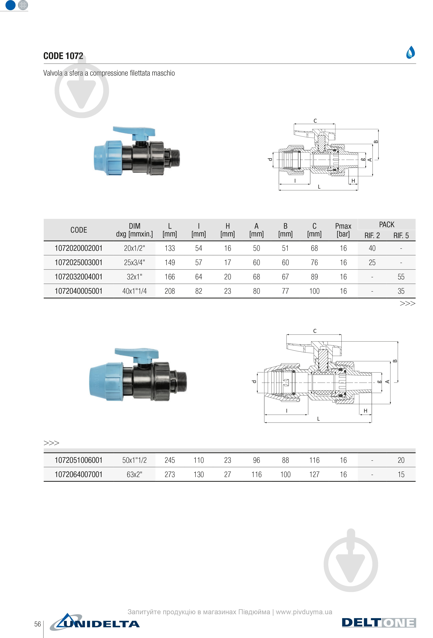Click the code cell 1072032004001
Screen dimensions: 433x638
(x=78, y=277)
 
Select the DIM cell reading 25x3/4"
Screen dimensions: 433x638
(x=134, y=262)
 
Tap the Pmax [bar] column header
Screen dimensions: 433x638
(x=343, y=230)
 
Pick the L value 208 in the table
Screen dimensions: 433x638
(x=170, y=291)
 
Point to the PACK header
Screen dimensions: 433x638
(x=387, y=225)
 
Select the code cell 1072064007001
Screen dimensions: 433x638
(x=78, y=474)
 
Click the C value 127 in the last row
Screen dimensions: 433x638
(x=314, y=474)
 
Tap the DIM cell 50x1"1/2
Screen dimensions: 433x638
(x=134, y=460)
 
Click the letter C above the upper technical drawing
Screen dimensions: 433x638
(x=315, y=121)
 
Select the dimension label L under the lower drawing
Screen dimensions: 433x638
(x=318, y=419)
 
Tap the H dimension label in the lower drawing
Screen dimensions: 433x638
(x=365, y=411)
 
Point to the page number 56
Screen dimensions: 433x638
(x=38, y=624)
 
